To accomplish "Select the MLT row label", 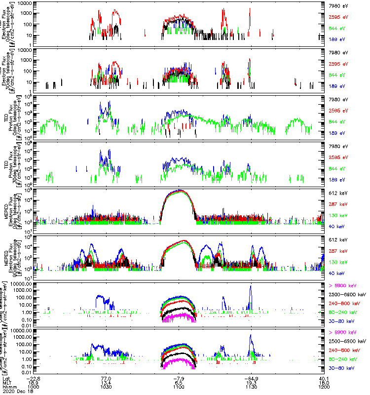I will [7, 383].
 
